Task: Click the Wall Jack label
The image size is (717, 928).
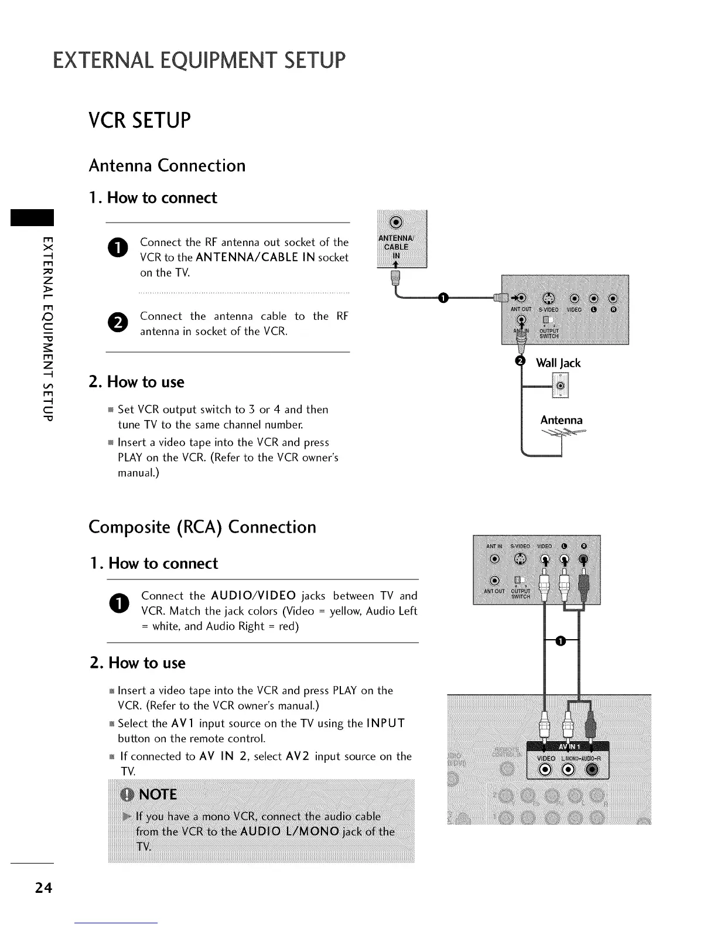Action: point(558,363)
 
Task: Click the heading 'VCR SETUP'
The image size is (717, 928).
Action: point(140,120)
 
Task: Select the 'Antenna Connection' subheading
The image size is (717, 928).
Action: point(167,166)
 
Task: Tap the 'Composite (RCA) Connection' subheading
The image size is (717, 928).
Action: point(202,527)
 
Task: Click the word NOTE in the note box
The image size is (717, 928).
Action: point(158,794)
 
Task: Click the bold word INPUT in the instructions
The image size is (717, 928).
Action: point(385,723)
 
